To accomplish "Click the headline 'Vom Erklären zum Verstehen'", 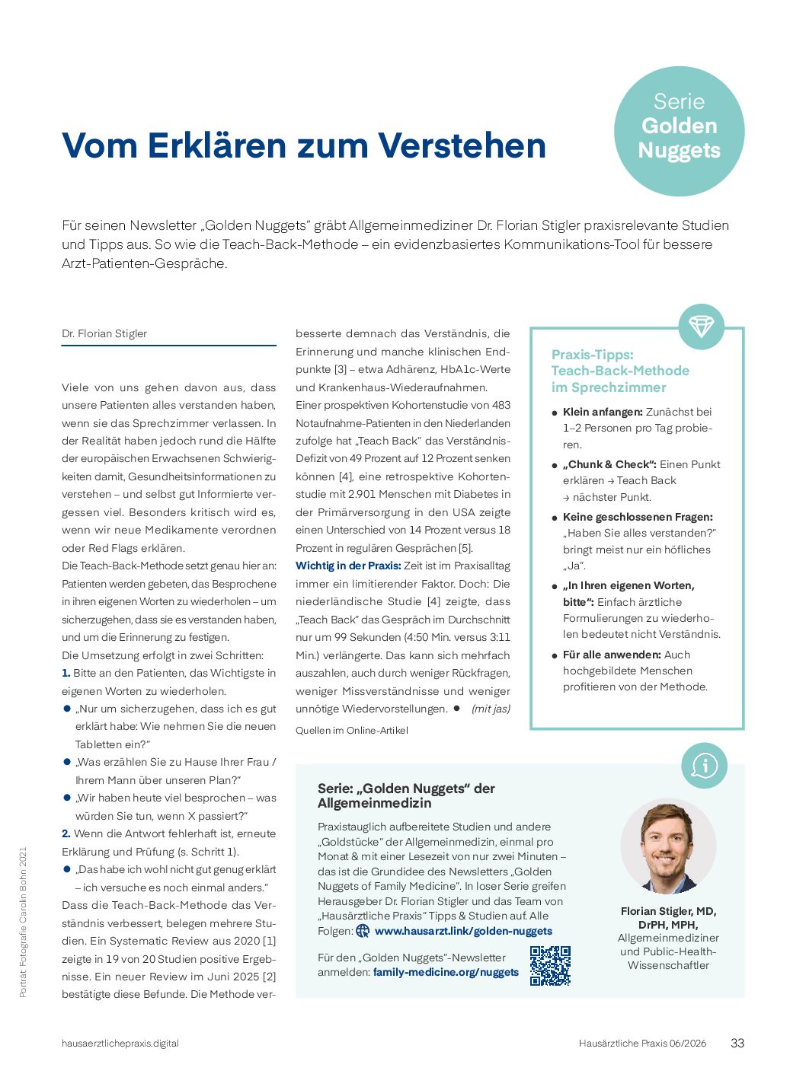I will pyautogui.click(x=304, y=145).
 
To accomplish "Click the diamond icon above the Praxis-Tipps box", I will pyautogui.click(x=701, y=327).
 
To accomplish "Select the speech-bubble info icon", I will pyautogui.click(x=704, y=766).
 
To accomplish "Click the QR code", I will pyautogui.click(x=550, y=966).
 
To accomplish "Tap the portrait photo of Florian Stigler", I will pyautogui.click(x=668, y=846).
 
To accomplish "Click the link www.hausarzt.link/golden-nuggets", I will pyautogui.click(x=463, y=931).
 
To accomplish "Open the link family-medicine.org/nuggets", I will pyautogui.click(x=446, y=972).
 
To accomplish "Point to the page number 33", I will pyautogui.click(x=737, y=1044).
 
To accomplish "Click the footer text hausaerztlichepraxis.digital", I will pyautogui.click(x=120, y=1044).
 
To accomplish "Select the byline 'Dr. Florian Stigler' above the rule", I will pyautogui.click(x=104, y=333).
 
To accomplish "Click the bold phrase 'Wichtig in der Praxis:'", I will pyautogui.click(x=348, y=566).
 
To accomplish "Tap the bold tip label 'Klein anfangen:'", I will pyautogui.click(x=603, y=412).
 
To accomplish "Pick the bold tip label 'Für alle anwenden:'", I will pyautogui.click(x=612, y=655).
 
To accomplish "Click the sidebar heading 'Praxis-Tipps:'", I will pyautogui.click(x=592, y=355).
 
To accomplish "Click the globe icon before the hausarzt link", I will pyautogui.click(x=363, y=931).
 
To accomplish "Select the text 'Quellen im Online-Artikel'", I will pyautogui.click(x=352, y=730).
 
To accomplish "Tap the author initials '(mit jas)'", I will pyautogui.click(x=491, y=709).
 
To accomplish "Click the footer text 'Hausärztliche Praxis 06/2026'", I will pyautogui.click(x=642, y=1044).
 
